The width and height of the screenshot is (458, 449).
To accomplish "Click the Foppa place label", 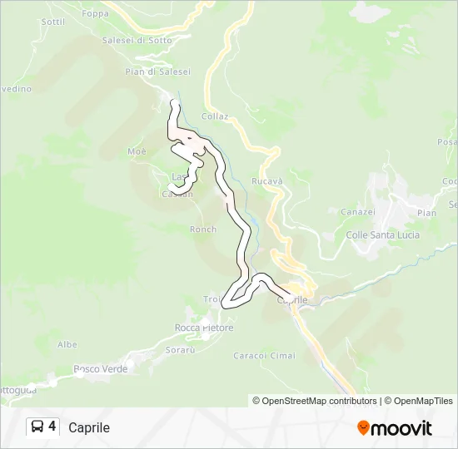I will click(95, 13).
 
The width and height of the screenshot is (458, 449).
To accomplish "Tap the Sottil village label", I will click(52, 22).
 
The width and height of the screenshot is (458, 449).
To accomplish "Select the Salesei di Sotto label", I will click(137, 39).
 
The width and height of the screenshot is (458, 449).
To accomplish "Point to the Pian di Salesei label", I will click(157, 72).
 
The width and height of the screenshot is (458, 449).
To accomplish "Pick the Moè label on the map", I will click(137, 151).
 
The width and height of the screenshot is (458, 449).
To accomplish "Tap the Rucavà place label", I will click(267, 181).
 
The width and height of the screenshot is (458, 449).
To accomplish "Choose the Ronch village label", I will click(203, 229).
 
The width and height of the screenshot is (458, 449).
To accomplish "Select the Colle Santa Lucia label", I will click(382, 235).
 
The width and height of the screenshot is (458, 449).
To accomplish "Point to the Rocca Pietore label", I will click(204, 328).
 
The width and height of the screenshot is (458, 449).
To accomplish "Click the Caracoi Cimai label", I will click(264, 356).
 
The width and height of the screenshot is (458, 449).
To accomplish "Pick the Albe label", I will click(67, 344).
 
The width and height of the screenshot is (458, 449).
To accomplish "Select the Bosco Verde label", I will click(100, 368).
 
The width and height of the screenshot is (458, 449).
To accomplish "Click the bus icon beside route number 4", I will click(38, 427).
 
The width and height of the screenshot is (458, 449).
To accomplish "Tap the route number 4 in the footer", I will click(52, 427).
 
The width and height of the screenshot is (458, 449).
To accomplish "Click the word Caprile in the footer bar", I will click(89, 427).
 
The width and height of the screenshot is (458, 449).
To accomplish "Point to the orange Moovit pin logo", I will click(364, 427).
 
